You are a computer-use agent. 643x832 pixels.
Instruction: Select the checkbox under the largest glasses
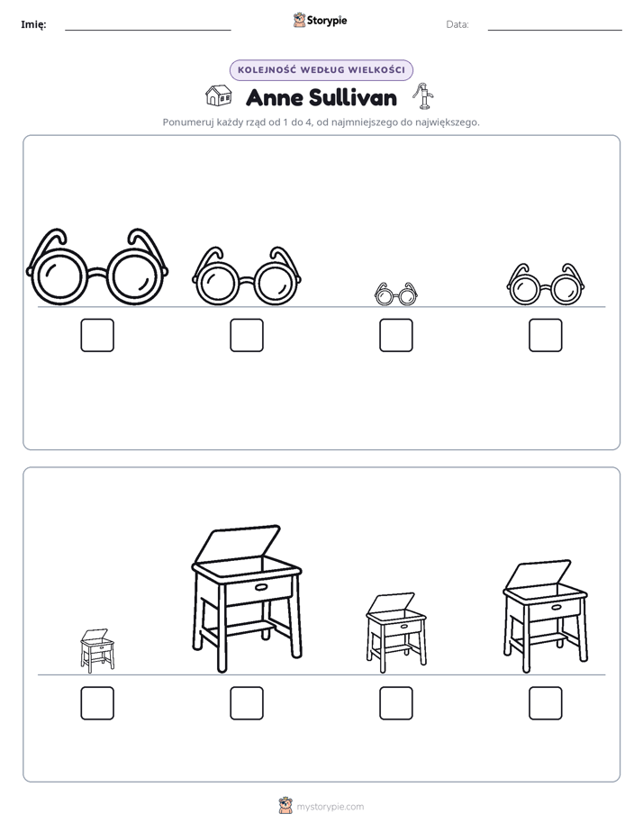[97, 335]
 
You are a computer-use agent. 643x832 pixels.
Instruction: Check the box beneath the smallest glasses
[395, 335]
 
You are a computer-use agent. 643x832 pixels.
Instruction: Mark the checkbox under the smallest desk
[97, 703]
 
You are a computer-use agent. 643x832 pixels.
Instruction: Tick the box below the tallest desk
[247, 703]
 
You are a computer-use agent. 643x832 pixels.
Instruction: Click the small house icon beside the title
[219, 96]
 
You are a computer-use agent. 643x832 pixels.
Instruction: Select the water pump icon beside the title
[423, 96]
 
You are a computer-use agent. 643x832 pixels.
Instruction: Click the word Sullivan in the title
[352, 97]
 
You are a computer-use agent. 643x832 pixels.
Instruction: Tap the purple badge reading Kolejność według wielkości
[321, 70]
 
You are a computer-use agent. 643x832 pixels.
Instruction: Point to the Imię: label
[33, 24]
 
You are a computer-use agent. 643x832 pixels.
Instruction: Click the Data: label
[457, 24]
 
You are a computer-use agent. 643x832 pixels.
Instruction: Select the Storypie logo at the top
[321, 20]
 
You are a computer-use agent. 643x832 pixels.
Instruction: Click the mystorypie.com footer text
[330, 807]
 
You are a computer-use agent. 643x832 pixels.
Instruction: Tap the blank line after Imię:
[148, 30]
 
